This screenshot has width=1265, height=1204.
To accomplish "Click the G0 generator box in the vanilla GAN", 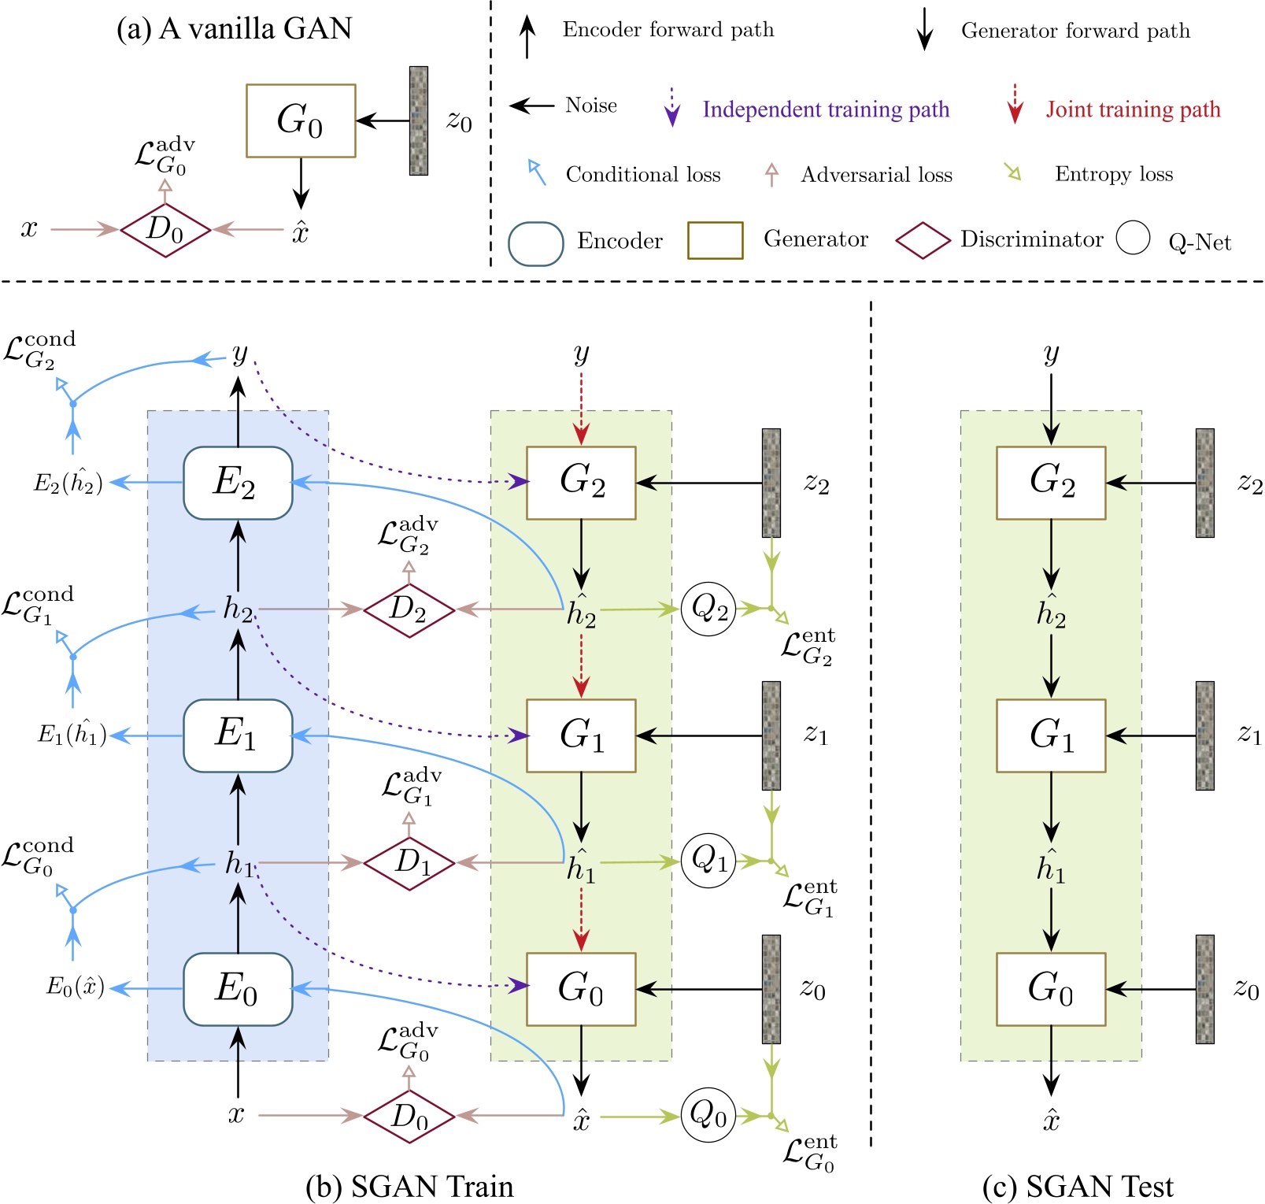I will [301, 120].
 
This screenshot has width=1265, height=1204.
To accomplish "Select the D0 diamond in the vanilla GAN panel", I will [165, 230].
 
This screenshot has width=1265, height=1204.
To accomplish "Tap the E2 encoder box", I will [238, 483].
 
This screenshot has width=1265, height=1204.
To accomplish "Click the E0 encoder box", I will [238, 989].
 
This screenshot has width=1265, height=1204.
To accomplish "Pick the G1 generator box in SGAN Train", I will [581, 735].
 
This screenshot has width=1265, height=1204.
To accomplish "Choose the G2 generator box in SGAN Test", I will [1051, 483].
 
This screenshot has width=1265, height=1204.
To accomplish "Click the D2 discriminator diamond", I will [409, 609].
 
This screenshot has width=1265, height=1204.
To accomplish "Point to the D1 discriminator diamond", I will [409, 863].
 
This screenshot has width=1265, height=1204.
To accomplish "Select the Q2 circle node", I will [708, 609].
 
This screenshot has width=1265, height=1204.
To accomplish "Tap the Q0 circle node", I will [708, 1115].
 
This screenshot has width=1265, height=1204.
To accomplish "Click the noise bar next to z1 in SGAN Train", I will [771, 735].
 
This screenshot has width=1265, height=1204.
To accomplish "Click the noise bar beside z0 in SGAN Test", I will [1204, 989].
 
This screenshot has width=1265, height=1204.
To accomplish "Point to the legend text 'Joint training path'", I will [1133, 109].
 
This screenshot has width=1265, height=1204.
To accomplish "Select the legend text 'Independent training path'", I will [826, 109].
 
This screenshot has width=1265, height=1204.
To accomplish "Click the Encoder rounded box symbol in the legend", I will [535, 243].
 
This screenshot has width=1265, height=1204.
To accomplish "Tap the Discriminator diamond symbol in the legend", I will [923, 240].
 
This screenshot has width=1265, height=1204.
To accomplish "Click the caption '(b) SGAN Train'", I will [409, 1186].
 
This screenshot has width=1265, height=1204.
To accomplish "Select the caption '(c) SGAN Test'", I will [1078, 1186].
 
